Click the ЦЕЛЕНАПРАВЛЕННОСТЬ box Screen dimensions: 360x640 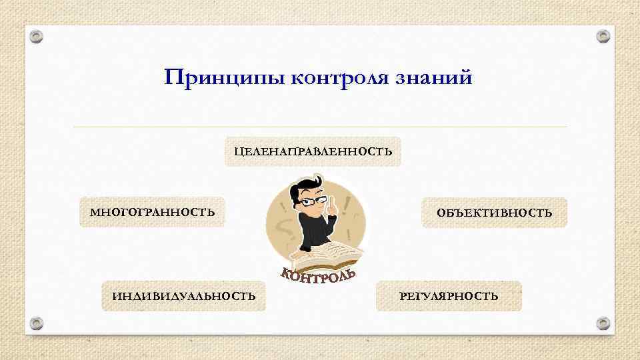(x=313, y=151)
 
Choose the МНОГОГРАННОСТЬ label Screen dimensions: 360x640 (x=153, y=213)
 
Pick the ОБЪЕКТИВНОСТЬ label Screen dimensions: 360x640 (x=494, y=213)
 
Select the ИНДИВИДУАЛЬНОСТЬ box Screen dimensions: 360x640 (x=183, y=296)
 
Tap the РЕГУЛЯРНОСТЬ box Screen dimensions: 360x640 (x=449, y=296)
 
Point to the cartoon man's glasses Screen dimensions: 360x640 (x=308, y=201)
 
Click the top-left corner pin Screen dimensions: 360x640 (x=37, y=35)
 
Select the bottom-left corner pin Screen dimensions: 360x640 (x=37, y=324)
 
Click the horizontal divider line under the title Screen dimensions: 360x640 (x=320, y=127)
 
